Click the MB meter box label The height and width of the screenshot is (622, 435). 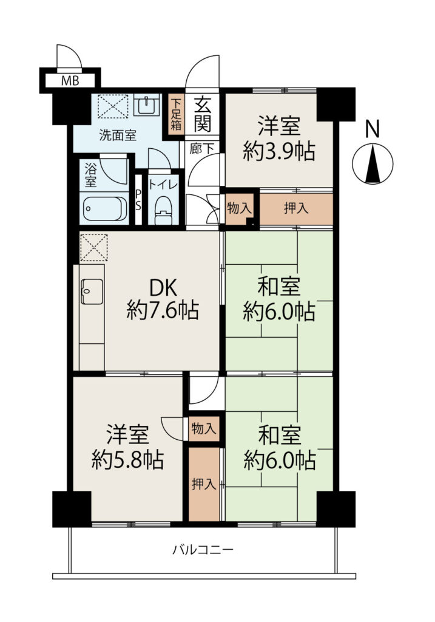70,81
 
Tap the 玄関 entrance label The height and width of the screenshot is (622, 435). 202,114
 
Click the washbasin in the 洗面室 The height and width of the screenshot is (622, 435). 146,104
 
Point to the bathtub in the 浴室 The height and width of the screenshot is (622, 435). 104,208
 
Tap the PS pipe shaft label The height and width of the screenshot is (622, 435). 138,200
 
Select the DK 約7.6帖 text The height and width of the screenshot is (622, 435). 163,299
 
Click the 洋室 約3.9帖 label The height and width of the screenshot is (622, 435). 279,138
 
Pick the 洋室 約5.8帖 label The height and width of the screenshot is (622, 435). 127,447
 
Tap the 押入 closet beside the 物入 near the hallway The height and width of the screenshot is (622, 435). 296,209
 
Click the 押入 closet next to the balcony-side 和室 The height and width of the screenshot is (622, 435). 204,484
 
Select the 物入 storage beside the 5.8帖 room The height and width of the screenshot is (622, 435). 204,428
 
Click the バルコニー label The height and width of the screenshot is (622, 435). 203,550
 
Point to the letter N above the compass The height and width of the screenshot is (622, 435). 372,129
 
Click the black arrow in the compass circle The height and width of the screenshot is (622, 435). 373,164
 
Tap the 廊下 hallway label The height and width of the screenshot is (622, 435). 202,149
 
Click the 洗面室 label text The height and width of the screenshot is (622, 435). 118,135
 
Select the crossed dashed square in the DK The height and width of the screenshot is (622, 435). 94,248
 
